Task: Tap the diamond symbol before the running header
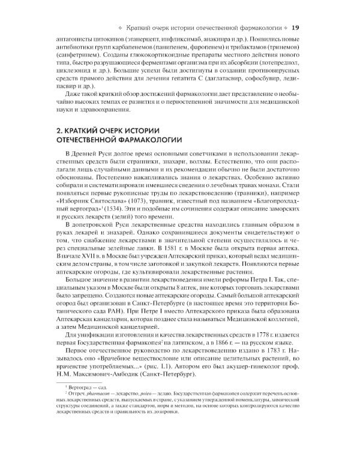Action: (124, 28)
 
